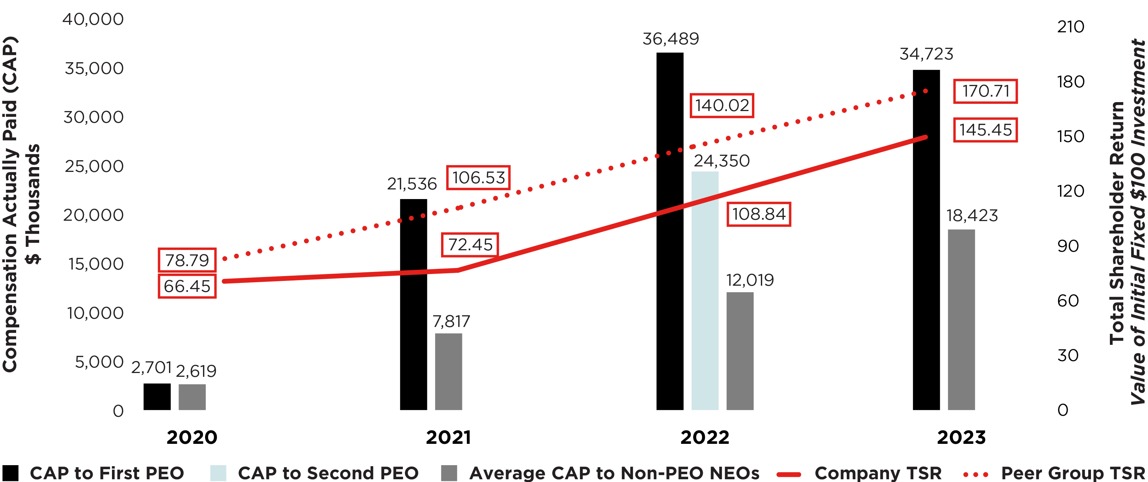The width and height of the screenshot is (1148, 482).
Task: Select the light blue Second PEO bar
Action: point(705,290)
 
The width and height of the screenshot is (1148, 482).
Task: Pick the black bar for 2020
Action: point(157,396)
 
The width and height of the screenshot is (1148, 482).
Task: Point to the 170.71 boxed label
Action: point(985,91)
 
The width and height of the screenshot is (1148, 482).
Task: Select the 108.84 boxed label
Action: point(758,215)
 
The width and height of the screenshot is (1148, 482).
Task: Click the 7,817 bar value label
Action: point(451,321)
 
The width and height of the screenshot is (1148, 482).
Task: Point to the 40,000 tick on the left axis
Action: point(93,20)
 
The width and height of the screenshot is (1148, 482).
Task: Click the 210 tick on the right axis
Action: point(1070,27)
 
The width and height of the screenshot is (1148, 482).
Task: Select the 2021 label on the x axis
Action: point(448,437)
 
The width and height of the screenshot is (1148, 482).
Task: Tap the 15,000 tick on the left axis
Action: point(95,264)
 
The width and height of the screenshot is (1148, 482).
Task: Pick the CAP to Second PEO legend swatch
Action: point(218,473)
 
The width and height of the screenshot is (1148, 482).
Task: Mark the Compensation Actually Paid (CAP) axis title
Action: point(10,204)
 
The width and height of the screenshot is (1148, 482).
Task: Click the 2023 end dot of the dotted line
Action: point(926,91)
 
